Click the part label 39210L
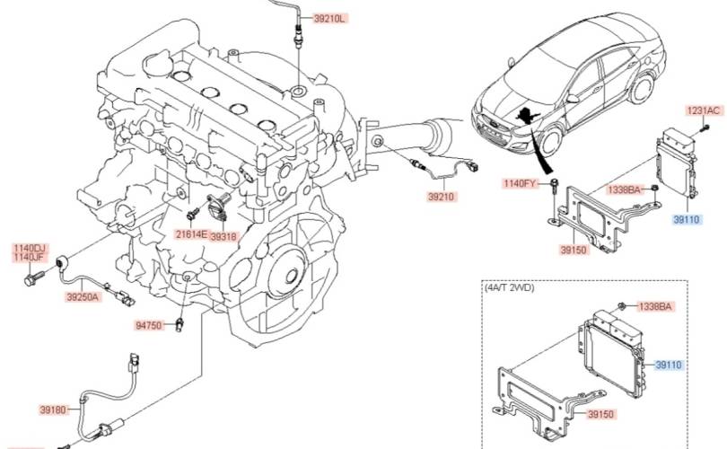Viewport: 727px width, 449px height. pos(329,19)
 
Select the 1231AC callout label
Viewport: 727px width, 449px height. pos(704,110)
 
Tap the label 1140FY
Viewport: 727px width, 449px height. pos(520,183)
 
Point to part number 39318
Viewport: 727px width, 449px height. pos(223,236)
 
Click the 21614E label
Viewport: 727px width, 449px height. pos(191,233)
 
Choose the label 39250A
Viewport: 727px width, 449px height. pos(83,297)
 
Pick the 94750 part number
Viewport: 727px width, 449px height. pos(149,326)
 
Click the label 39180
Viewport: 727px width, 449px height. pos(53,409)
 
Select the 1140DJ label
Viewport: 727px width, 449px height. pos(31,249)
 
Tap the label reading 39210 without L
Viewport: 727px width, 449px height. pos(441,197)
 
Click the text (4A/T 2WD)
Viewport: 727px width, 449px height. pos(510,287)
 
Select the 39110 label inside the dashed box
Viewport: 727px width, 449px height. pos(669,365)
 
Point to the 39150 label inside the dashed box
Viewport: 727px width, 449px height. pos(600,414)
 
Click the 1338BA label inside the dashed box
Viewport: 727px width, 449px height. pos(654,306)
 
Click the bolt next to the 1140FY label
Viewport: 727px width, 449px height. pos(554,185)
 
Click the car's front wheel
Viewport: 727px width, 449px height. pos(550,141)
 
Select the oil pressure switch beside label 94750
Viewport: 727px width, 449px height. pos(180,325)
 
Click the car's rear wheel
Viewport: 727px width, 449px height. pos(642,89)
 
